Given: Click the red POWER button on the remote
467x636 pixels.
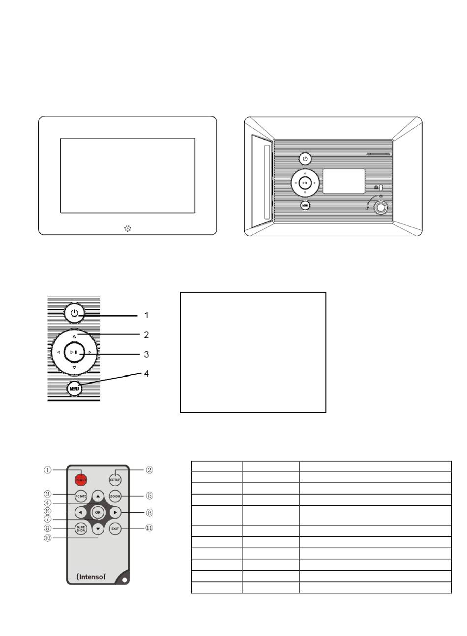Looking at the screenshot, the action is (x=81, y=479).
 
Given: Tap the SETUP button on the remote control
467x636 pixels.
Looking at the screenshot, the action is (x=115, y=479).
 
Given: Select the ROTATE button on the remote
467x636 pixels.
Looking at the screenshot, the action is (x=81, y=496).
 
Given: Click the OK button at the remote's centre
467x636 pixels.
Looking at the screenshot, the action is (x=98, y=513).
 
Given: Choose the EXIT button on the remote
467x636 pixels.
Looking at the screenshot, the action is (x=115, y=529).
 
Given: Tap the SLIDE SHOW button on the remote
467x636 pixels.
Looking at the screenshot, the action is (x=81, y=529).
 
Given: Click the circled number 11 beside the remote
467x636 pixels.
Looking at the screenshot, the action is (x=149, y=529).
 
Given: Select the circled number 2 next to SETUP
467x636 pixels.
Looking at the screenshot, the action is (x=149, y=470).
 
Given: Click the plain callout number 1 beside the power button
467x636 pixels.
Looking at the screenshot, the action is (x=146, y=315).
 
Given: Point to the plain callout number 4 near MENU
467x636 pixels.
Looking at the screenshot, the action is (x=146, y=374).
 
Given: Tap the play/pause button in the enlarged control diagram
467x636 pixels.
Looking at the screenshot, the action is (x=74, y=352).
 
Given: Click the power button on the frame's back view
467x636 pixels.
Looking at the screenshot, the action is (x=305, y=159).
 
